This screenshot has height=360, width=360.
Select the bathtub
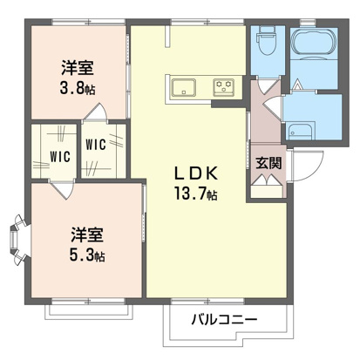pyautogui.click(x=310, y=44)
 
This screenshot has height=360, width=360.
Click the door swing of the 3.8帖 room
pyautogui.click(x=99, y=113)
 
